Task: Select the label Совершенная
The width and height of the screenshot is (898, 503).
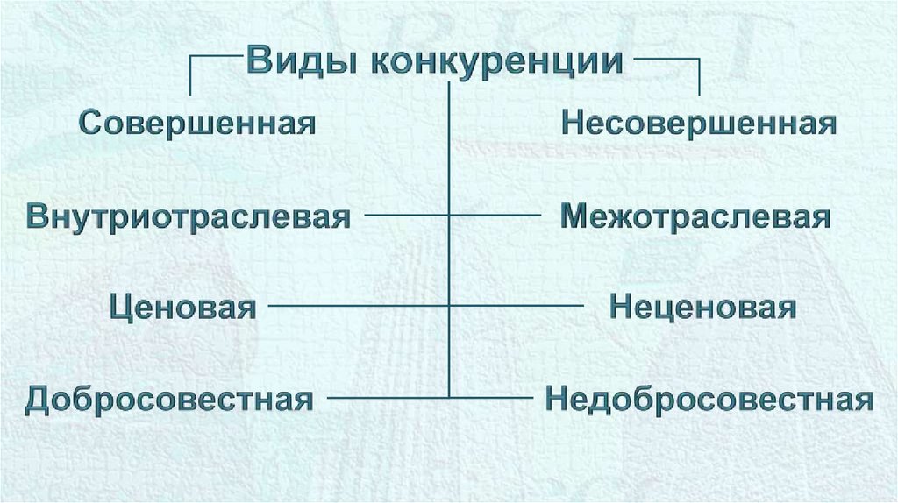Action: coord(197,122)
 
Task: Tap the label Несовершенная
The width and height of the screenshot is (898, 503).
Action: coord(698,122)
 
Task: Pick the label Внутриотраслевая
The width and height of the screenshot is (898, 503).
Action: coord(189,216)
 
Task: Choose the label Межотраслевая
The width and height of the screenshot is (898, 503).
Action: coord(695,216)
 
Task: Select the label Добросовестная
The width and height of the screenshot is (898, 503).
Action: coord(169,400)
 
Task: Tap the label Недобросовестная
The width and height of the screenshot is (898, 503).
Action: coord(709,400)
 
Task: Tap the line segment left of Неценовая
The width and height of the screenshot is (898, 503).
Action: coord(517,307)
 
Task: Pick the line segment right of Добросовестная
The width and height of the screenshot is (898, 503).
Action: coord(386,399)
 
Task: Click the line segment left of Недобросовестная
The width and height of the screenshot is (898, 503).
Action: coord(491,399)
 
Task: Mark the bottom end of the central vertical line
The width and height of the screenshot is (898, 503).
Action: coord(450,397)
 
